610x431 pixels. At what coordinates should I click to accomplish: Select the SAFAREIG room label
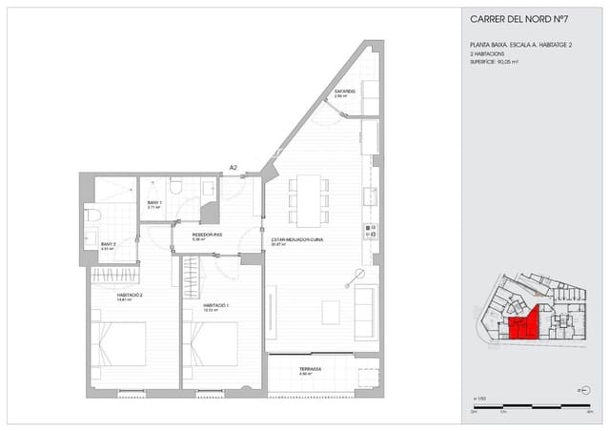point(344,92)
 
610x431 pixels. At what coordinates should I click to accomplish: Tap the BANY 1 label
point(154,204)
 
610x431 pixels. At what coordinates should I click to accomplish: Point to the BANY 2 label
point(109,245)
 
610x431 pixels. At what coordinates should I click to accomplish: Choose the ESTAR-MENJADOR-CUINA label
point(296,240)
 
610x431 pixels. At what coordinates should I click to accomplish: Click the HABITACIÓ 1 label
point(216,306)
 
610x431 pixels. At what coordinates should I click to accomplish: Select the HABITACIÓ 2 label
point(130,296)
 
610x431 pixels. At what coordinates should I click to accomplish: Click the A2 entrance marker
point(233,169)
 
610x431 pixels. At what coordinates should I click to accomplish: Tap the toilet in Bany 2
point(92,215)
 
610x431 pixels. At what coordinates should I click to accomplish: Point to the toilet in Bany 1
point(176,186)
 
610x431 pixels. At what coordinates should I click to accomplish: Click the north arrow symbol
point(582,390)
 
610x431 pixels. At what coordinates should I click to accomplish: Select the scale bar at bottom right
point(533,407)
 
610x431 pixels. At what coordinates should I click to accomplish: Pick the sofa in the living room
point(365,310)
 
